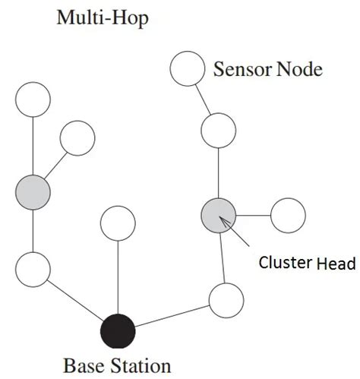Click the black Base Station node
click(118, 331)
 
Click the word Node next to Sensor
click(300, 70)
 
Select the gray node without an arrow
click(33, 190)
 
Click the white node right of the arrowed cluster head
click(288, 214)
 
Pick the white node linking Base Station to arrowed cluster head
click(226, 300)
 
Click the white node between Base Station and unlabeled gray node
click(33, 269)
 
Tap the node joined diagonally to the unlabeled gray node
click(77, 137)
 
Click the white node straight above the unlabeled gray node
click(33, 99)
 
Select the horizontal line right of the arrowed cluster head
click(253, 213)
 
